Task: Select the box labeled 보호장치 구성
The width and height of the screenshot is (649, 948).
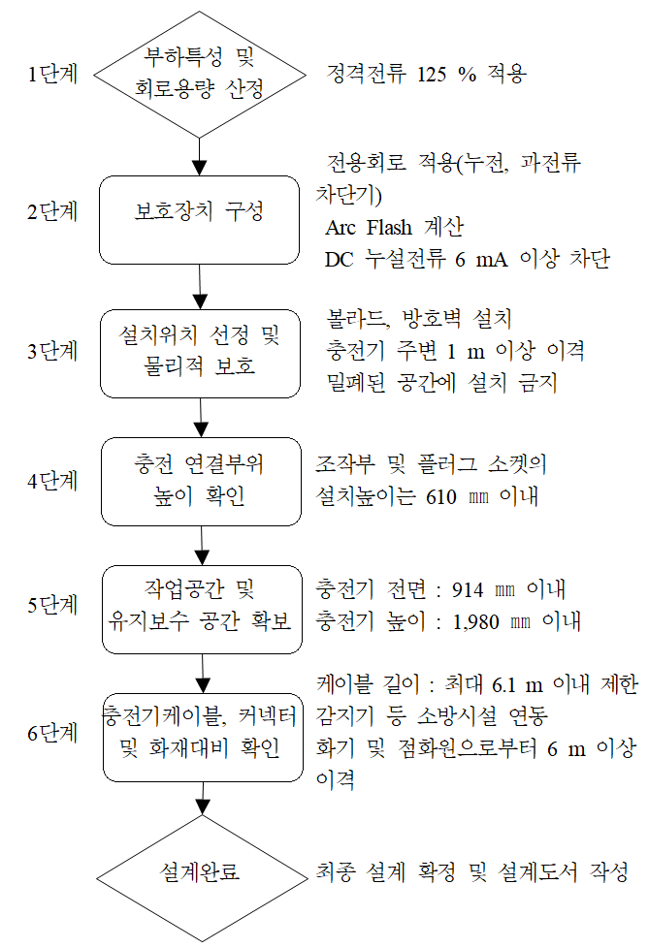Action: [x=200, y=219]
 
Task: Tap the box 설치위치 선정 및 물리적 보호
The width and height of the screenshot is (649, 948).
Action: [x=200, y=352]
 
